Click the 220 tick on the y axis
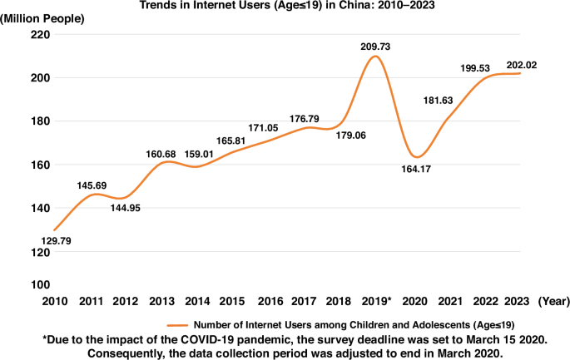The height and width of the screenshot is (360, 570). tap(39, 34)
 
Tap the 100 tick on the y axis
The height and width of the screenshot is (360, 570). tap(39, 284)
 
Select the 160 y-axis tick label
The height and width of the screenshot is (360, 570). tap(39, 165)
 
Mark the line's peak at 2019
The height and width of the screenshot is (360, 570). tap(374, 56)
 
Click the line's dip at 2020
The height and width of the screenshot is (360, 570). tap(417, 156)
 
